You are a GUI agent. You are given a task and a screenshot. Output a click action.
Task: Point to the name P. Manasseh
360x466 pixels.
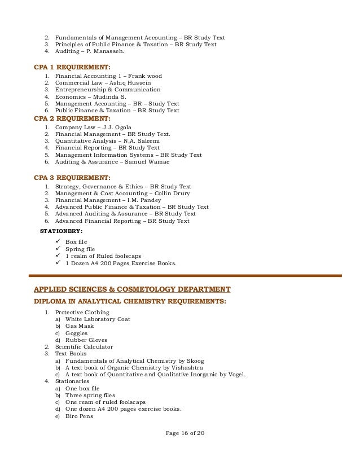coord(108,52)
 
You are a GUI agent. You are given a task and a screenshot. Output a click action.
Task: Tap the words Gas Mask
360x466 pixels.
coord(80,326)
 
